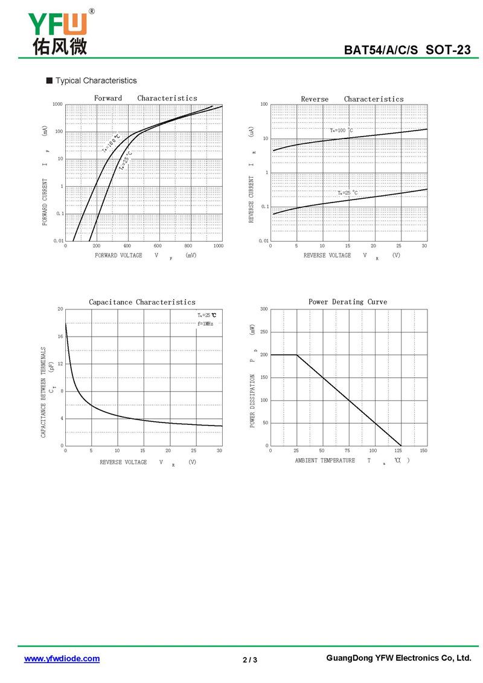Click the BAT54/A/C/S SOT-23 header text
pyautogui.click(x=407, y=50)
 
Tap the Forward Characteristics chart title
pyautogui.click(x=146, y=98)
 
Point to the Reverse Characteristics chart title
pyautogui.click(x=352, y=99)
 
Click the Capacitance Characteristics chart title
pyautogui.click(x=142, y=302)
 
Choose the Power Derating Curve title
pyautogui.click(x=348, y=302)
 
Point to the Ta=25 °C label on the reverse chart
pyautogui.click(x=347, y=193)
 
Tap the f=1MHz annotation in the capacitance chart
pyautogui.click(x=205, y=324)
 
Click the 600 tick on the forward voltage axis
pyautogui.click(x=158, y=246)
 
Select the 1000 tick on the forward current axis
pyautogui.click(x=57, y=105)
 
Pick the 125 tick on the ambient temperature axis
pyautogui.click(x=398, y=451)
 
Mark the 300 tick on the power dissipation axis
pyautogui.click(x=264, y=309)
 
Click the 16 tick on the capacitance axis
pyautogui.click(x=60, y=337)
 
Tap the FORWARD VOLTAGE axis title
pyautogui.click(x=118, y=256)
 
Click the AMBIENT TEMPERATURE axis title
pyautogui.click(x=325, y=461)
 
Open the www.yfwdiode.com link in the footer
pyautogui.click(x=62, y=659)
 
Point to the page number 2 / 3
pyautogui.click(x=250, y=659)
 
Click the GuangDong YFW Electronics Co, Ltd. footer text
pyautogui.click(x=398, y=658)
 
